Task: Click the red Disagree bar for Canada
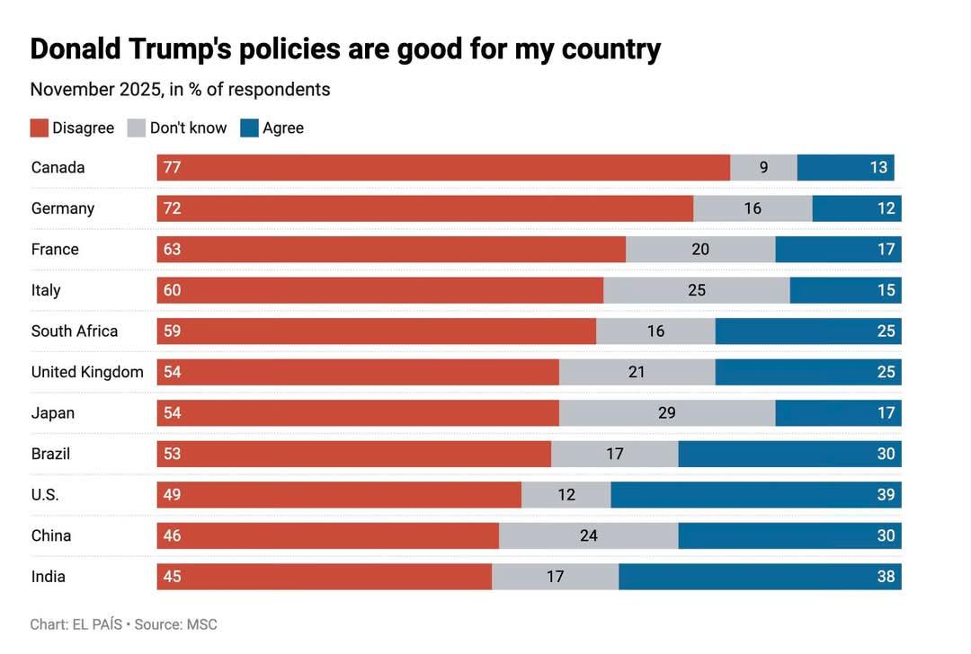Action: click(443, 167)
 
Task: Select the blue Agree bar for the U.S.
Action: click(755, 495)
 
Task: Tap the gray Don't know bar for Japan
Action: click(667, 413)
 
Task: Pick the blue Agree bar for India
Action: click(760, 577)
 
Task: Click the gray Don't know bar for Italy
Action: click(697, 290)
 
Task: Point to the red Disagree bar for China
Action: click(328, 535)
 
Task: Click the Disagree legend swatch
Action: click(39, 128)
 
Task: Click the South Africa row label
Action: click(75, 331)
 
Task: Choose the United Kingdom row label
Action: click(87, 372)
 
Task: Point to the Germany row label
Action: click(63, 208)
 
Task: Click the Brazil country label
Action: click(50, 454)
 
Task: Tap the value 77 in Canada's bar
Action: click(172, 167)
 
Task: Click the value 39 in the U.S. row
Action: click(886, 495)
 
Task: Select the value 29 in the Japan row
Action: click(666, 413)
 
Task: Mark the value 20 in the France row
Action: click(700, 249)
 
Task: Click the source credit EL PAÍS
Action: click(96, 624)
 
